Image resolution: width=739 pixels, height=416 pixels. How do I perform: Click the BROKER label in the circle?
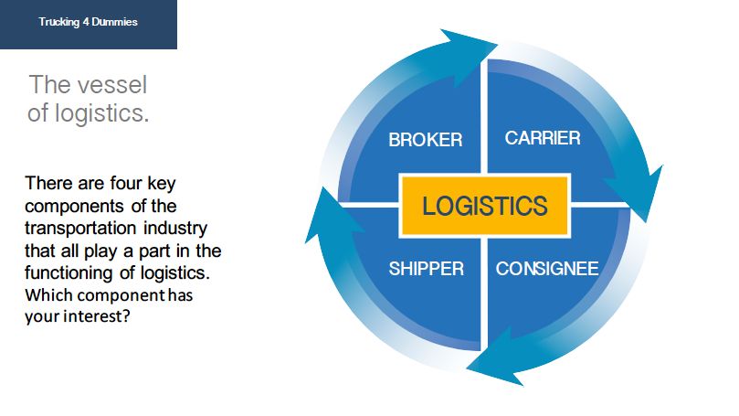click(425, 140)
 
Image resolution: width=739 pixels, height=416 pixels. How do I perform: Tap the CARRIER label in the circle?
click(543, 138)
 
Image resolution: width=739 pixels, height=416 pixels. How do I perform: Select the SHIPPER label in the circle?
click(426, 269)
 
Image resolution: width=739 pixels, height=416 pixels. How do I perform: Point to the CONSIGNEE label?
click(547, 269)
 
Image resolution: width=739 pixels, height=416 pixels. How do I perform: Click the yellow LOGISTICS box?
click(485, 205)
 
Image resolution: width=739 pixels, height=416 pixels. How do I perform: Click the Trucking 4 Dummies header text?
click(89, 22)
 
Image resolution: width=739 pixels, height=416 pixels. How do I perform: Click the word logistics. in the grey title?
click(101, 114)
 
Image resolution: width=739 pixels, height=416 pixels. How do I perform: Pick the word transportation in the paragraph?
click(78, 227)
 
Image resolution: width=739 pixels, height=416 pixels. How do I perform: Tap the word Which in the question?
click(47, 295)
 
